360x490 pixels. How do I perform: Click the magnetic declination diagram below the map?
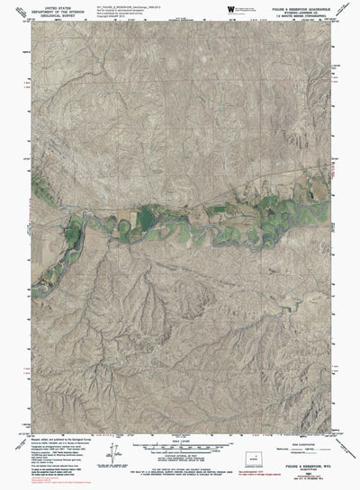click(113, 458)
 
